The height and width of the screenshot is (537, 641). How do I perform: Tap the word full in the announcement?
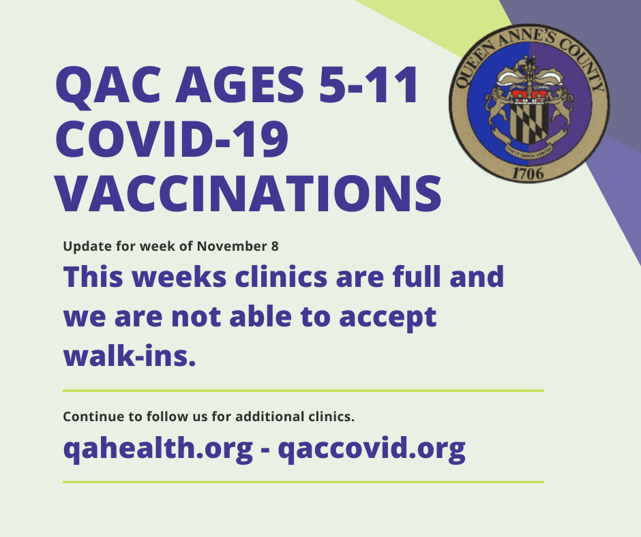tap(411, 277)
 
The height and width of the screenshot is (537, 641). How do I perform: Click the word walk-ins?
tap(130, 356)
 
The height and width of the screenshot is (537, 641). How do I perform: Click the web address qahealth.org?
tap(151, 449)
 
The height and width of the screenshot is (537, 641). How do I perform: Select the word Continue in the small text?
tap(89, 416)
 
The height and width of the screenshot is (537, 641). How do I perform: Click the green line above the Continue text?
tap(303, 390)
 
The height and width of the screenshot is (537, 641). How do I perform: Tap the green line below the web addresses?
tap(303, 482)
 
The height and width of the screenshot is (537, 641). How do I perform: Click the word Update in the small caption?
tap(81, 247)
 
